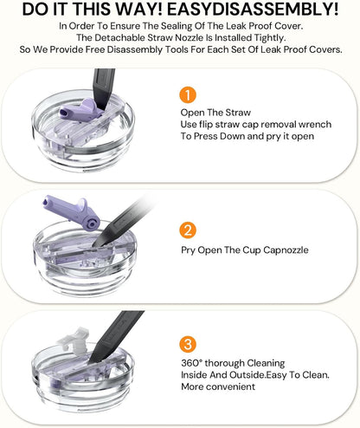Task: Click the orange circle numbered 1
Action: [x=188, y=95]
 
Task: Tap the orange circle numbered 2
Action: [x=188, y=230]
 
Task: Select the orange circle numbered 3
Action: [x=188, y=344]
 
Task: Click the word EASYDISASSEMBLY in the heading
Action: [x=253, y=10]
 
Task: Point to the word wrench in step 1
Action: [x=315, y=125]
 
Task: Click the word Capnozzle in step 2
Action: [x=286, y=250]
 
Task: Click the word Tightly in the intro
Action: [x=270, y=38]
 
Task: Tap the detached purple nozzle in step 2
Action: [x=71, y=211]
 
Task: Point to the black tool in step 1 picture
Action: [x=103, y=88]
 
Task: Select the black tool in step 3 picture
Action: [x=115, y=337]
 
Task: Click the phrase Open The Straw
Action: [x=215, y=113]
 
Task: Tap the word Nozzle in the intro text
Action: [x=186, y=38]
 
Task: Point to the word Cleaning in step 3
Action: [x=266, y=363]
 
